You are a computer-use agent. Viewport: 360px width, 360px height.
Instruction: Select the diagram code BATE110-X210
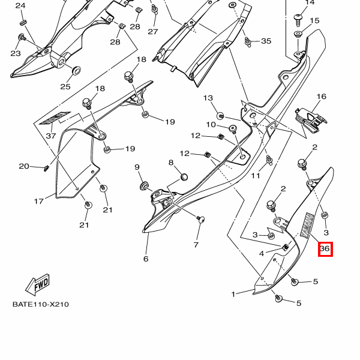[x=41, y=304]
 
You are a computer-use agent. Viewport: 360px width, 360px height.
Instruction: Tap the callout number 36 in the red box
[x=325, y=248]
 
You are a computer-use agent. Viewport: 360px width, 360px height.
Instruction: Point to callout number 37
[x=51, y=136]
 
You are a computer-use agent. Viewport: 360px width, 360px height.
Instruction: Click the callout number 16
[x=322, y=97]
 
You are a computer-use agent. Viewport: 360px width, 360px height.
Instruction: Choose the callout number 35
[x=266, y=41]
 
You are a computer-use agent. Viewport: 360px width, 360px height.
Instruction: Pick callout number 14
[x=310, y=2]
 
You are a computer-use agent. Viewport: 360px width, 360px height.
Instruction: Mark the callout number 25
[x=65, y=86]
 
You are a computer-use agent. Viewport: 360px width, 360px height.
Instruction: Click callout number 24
[x=21, y=5]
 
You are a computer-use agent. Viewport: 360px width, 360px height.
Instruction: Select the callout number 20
[x=24, y=166]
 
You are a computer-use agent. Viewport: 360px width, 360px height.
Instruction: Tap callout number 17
[x=39, y=201]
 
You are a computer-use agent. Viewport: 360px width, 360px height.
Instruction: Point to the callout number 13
[x=208, y=98]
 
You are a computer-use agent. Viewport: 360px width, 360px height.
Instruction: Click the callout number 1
[x=234, y=294]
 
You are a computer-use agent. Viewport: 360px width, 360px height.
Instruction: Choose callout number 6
[x=145, y=259]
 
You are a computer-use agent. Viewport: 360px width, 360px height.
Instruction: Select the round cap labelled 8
[x=184, y=177]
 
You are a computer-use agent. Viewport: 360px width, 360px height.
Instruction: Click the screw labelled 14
[x=298, y=19]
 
